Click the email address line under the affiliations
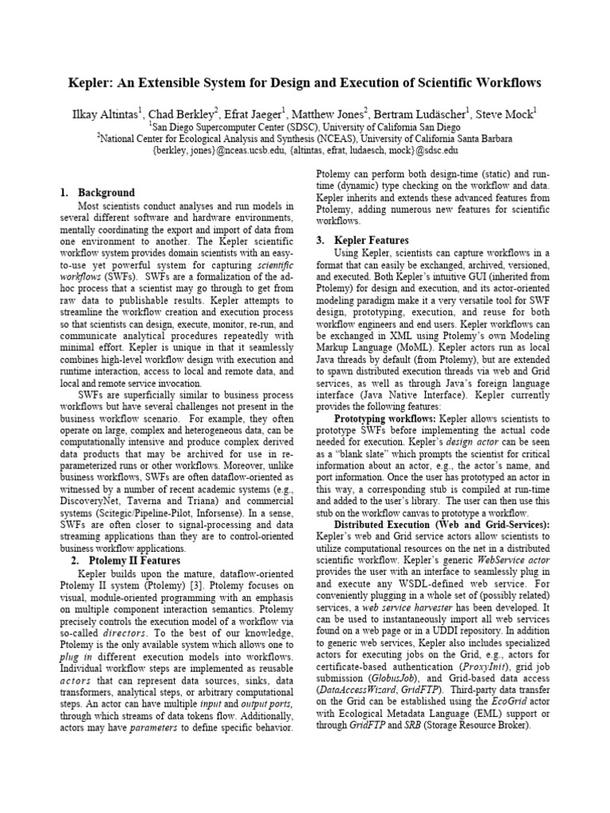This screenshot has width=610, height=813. (x=304, y=149)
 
